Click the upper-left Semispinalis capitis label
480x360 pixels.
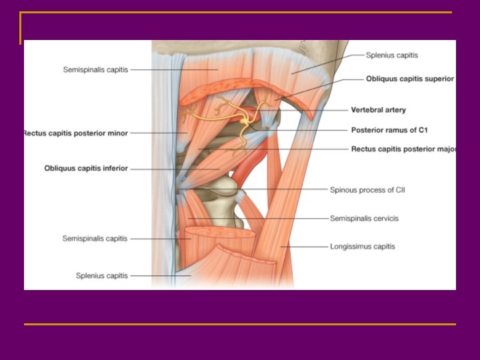95,69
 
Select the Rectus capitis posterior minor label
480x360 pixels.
75,133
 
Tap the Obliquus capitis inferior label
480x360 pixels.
86,169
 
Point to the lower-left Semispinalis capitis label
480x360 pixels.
95,238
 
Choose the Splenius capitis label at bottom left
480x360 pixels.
101,275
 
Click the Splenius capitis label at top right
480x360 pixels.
392,55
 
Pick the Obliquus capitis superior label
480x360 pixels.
409,79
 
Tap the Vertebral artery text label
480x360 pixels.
378,110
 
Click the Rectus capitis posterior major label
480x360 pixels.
403,149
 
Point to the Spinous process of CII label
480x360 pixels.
367,190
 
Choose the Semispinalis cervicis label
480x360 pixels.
364,218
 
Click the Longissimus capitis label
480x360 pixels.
362,247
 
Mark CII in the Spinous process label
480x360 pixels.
398,190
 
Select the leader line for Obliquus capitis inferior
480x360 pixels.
173,169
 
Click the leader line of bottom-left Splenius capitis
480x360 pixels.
160,275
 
